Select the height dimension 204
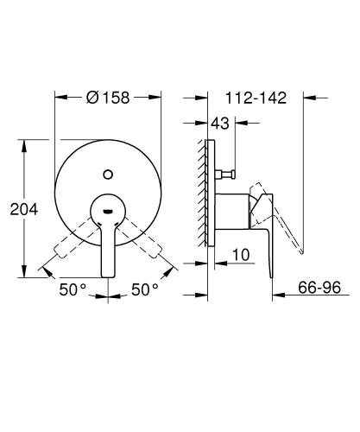tap(21, 207)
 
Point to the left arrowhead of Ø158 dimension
tap(58, 98)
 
